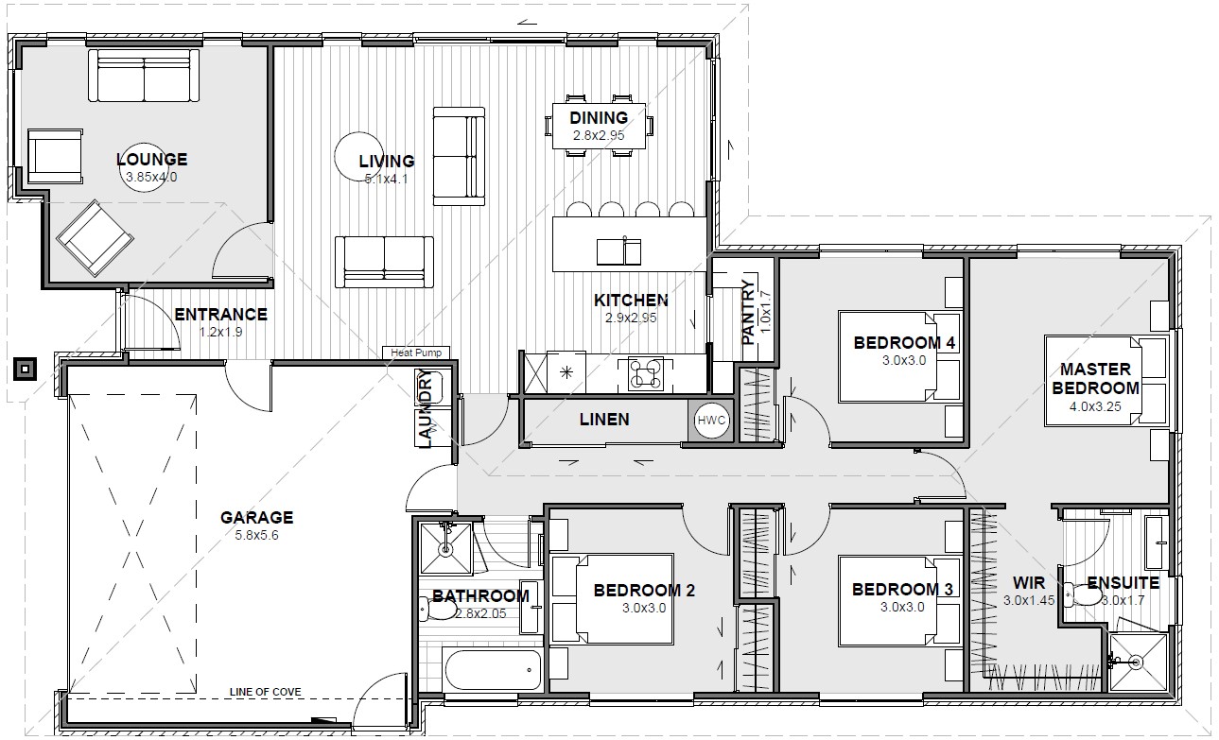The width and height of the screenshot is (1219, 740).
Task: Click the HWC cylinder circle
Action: pos(711,421)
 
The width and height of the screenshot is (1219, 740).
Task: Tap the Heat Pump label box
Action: pos(416,353)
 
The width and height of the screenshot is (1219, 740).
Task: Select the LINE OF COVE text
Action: pos(265,692)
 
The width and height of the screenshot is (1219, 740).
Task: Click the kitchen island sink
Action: pos(618,251)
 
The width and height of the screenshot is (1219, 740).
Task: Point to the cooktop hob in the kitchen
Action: pos(645,373)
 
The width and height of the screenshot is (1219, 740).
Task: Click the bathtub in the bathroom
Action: pos(493,669)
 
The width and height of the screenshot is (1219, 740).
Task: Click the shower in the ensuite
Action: pos(1138,662)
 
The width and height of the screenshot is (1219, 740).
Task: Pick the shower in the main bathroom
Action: pos(445,548)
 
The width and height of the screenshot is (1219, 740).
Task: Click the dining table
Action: pos(600,126)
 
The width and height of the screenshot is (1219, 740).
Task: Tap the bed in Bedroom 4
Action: pos(898,356)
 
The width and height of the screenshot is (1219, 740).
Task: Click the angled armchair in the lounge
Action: pos(95,237)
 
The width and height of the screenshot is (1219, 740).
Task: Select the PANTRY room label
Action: pos(748,313)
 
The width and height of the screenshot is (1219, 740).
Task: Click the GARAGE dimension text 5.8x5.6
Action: pos(256,536)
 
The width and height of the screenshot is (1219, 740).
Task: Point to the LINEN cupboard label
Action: pos(604,420)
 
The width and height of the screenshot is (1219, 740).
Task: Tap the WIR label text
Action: pos(1029,583)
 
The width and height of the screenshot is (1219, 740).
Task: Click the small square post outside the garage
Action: pos(25,370)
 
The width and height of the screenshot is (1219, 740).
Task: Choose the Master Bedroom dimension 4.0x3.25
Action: pos(1095,406)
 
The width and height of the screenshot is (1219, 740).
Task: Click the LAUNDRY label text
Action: pos(427,409)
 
